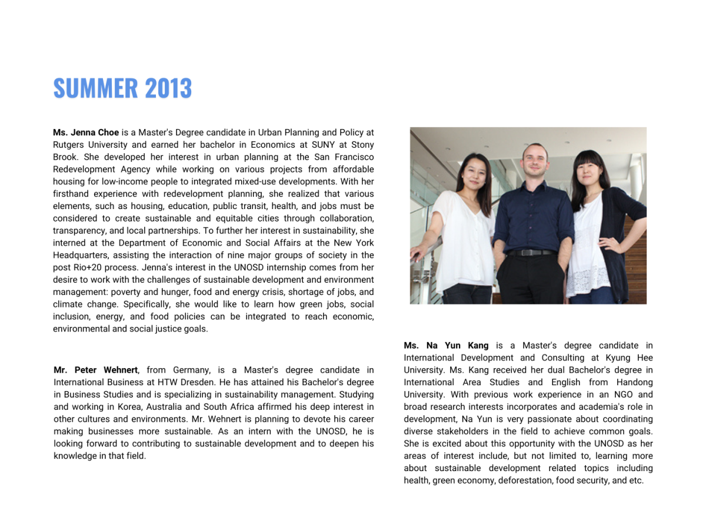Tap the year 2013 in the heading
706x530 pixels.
[168, 88]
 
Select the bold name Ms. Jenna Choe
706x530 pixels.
[86, 132]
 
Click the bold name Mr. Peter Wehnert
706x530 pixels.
[96, 370]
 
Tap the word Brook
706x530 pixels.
[66, 157]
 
